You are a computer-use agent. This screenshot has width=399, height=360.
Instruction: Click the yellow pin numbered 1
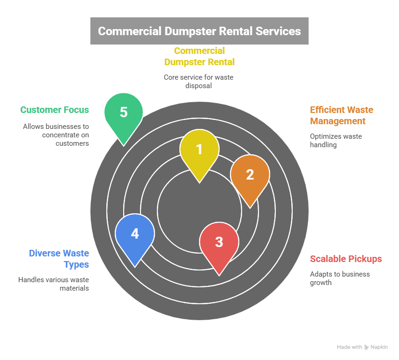tap(199, 150)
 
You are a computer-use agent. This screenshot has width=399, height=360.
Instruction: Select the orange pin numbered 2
tap(250, 175)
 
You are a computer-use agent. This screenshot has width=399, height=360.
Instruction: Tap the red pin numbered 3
tap(219, 242)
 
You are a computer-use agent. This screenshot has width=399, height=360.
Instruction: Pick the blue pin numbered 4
tap(135, 234)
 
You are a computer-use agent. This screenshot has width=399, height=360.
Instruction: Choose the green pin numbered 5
tap(124, 113)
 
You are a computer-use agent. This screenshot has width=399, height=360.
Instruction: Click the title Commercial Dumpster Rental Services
tap(199, 31)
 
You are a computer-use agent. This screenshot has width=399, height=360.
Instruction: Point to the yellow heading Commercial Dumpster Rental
tap(199, 56)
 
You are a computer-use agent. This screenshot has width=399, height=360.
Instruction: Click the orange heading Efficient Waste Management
tap(341, 115)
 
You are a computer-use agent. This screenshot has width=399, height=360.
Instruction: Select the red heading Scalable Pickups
tap(346, 259)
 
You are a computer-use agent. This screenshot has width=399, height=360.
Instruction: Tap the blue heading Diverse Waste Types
tap(59, 259)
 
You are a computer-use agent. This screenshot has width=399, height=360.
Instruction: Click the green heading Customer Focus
tap(54, 110)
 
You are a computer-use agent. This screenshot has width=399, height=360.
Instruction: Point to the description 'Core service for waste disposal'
tap(199, 82)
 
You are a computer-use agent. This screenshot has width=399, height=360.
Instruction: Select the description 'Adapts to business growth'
tap(340, 278)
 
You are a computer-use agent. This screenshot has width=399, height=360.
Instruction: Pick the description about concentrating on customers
tap(56, 135)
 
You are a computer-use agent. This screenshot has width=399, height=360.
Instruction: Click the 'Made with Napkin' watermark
tap(362, 347)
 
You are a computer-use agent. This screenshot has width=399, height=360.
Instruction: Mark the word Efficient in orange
tap(326, 110)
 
